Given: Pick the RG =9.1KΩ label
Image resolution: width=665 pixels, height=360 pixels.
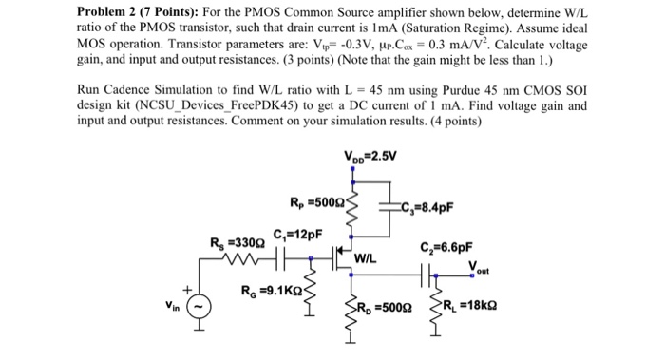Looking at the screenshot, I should [275, 291].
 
